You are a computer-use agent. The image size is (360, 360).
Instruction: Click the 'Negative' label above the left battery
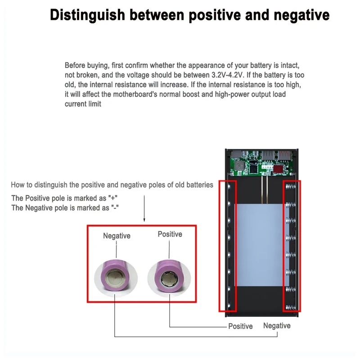pyautogui.click(x=117, y=236)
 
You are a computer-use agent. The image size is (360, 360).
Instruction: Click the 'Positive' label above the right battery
pyautogui.click(x=170, y=234)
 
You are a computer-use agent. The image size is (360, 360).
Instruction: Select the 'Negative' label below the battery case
pyautogui.click(x=277, y=325)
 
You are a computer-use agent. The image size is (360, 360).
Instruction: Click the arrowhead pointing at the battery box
pyautogui.click(x=144, y=219)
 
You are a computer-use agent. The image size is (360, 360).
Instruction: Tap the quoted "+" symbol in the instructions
pyautogui.click(x=114, y=198)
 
